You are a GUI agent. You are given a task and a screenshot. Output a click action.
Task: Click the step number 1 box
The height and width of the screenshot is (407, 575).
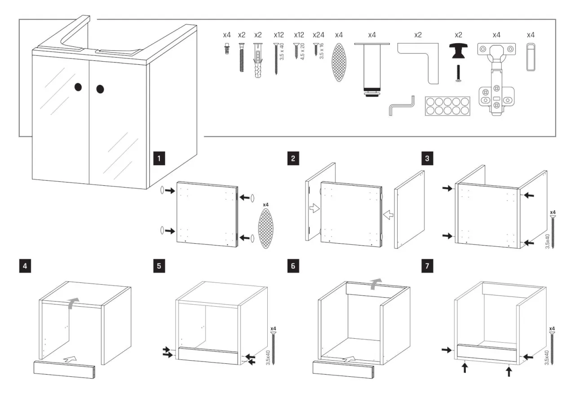[159, 158]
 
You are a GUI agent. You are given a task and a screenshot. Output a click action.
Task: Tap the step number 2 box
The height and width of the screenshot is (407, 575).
[293, 158]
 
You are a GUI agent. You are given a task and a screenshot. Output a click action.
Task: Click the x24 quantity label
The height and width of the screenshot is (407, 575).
[318, 35]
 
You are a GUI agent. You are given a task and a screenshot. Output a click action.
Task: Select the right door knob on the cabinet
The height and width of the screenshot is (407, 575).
[100, 89]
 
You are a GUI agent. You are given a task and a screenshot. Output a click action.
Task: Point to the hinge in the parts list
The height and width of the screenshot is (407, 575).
[496, 79]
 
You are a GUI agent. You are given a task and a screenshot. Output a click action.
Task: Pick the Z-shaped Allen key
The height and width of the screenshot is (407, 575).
[401, 106]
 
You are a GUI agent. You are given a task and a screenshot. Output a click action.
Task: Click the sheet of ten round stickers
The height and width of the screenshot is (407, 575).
[447, 106]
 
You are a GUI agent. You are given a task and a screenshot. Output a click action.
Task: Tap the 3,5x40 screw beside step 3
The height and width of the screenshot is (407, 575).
[553, 232]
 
